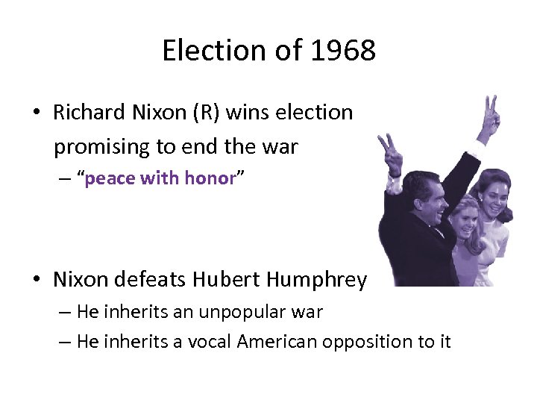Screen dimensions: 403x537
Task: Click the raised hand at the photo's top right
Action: point(491,116)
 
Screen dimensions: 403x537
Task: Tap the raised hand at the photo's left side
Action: point(389,153)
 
